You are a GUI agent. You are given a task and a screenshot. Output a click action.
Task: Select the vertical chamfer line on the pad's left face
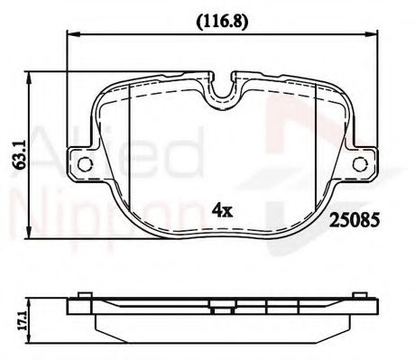(x=132, y=135)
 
